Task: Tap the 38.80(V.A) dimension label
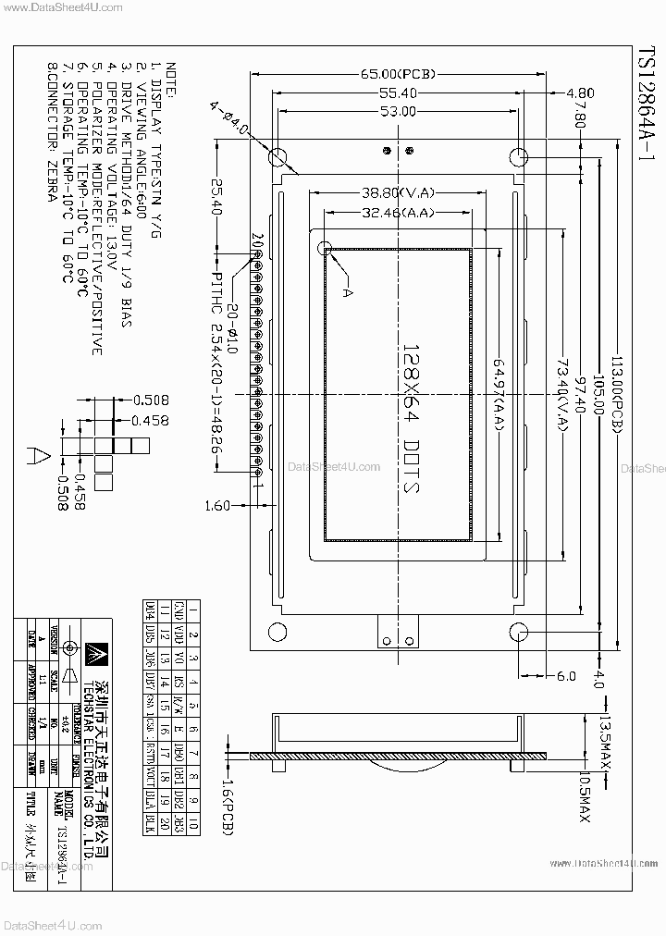tap(398, 193)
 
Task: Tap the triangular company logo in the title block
tap(93, 653)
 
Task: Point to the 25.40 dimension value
tap(216, 198)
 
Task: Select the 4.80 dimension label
tap(579, 92)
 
